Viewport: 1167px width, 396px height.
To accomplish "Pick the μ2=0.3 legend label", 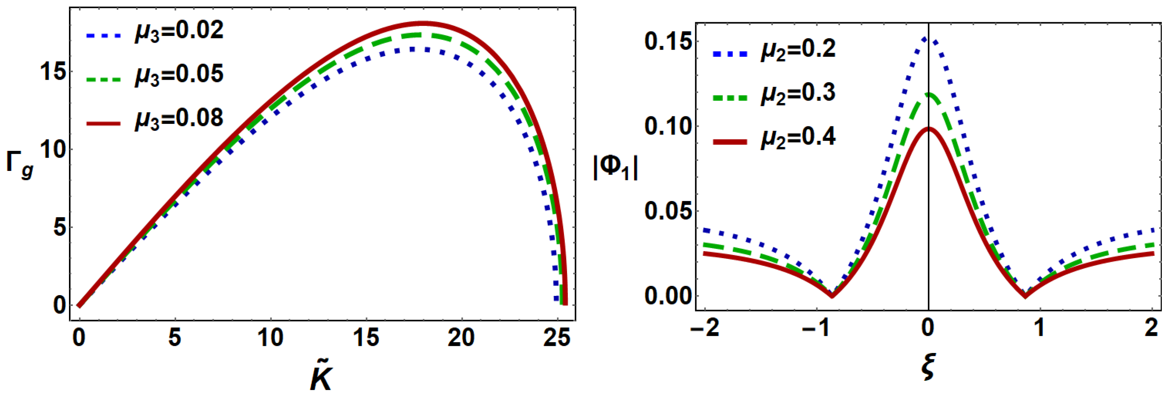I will [x=798, y=94].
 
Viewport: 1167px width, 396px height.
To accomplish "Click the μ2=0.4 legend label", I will [x=798, y=137].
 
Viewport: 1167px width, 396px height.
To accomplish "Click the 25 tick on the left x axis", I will [x=556, y=337].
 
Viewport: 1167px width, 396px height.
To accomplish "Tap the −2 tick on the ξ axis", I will [x=705, y=327].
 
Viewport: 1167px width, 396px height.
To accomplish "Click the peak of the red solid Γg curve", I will [x=423, y=23].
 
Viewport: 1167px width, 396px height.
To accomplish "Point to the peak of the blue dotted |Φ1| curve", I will [x=929, y=39].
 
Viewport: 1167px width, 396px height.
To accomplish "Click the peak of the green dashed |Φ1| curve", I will [x=929, y=94].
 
